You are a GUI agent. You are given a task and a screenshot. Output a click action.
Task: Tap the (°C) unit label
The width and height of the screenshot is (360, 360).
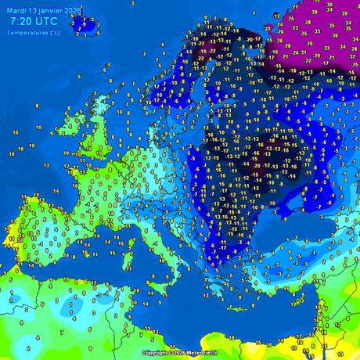pyautogui.click(x=53, y=33)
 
